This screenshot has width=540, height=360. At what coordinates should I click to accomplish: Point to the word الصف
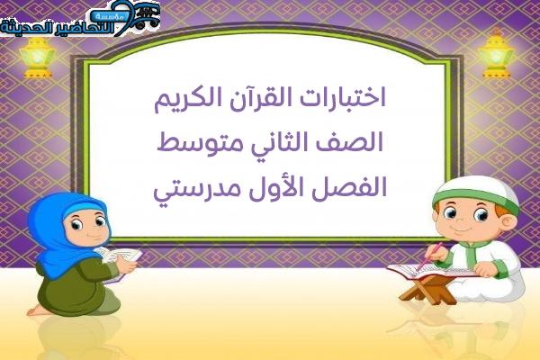[x=355, y=142]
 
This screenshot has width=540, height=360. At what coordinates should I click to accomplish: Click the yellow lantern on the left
[x=37, y=58]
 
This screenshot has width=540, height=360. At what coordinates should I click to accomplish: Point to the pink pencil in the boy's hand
[x=429, y=256]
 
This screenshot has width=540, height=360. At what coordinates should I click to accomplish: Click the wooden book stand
[x=428, y=290]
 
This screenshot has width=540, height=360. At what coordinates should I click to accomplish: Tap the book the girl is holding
[x=120, y=259]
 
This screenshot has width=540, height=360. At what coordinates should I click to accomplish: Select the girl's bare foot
[x=37, y=310]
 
